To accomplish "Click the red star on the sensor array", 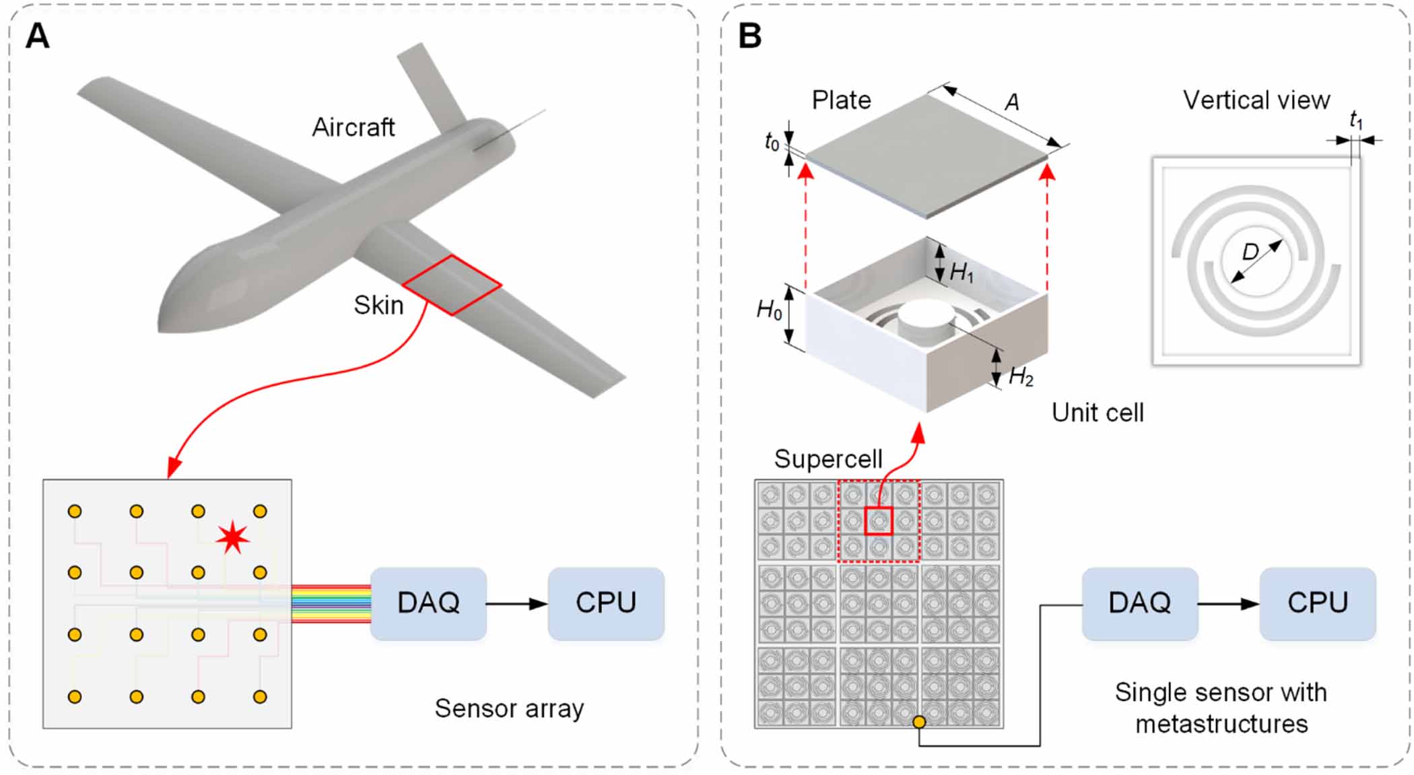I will click(x=233, y=537).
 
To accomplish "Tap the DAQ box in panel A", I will click(x=428, y=603).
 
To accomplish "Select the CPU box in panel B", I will click(x=1317, y=603).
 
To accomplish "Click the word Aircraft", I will click(x=353, y=127).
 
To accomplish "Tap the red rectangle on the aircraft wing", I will click(x=452, y=285).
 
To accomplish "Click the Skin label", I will click(x=378, y=305).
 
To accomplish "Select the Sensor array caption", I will click(x=509, y=708).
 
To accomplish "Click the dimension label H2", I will click(x=1021, y=377).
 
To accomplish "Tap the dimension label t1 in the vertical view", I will click(x=1356, y=121).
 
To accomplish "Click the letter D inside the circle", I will click(x=1250, y=252).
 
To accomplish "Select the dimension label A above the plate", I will click(x=1011, y=102).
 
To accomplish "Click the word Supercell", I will click(x=828, y=459).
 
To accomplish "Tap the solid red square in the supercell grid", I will click(x=878, y=521).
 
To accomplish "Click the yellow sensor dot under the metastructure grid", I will click(x=919, y=722).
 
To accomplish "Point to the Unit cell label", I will click(x=1098, y=413).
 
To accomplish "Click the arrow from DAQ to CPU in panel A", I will click(x=516, y=604).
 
